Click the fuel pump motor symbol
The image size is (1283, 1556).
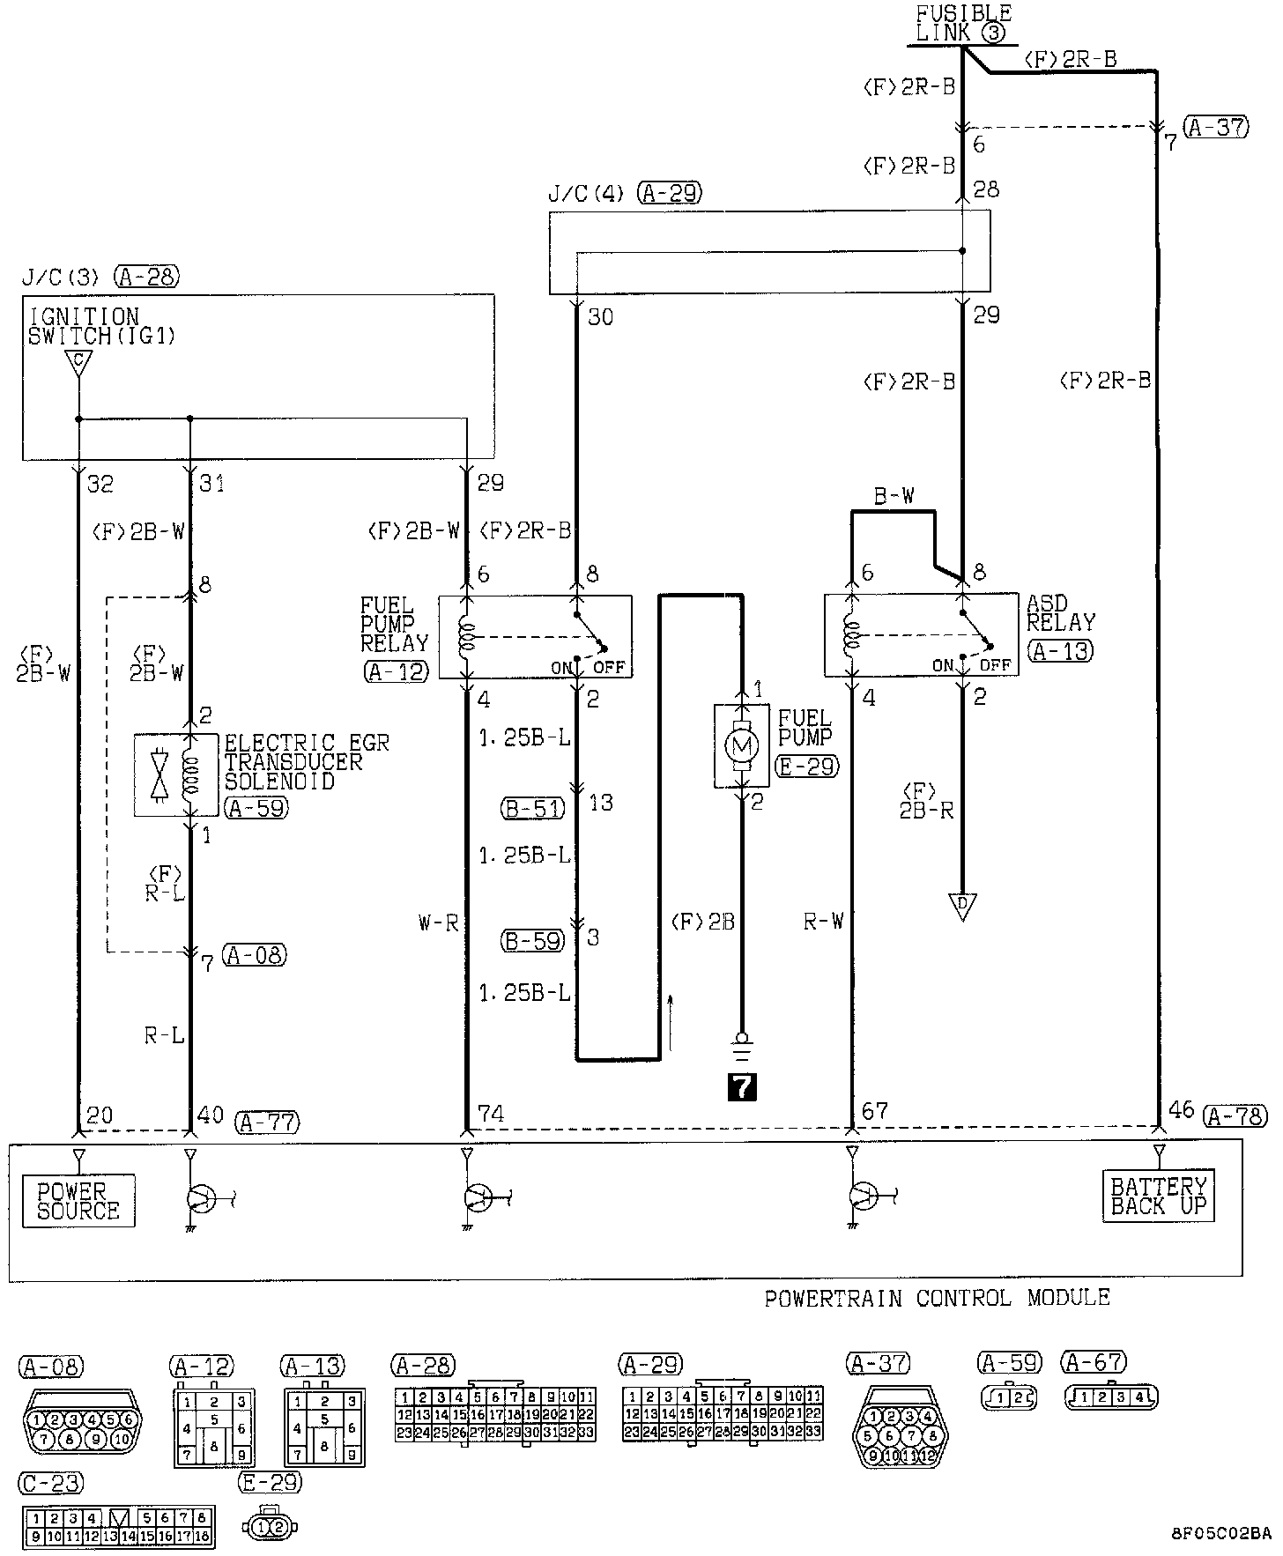(x=741, y=745)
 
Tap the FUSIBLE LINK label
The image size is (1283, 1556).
(x=963, y=24)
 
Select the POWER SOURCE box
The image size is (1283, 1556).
(x=78, y=1200)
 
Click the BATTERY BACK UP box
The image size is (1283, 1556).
(x=1158, y=1196)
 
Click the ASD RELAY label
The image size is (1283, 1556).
(x=1061, y=613)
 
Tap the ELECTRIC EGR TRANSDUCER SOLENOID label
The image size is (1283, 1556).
(x=306, y=761)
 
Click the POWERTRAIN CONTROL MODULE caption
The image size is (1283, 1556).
(x=937, y=1297)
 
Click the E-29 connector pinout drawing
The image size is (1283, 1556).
(x=270, y=1526)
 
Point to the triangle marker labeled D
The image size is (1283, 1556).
(x=962, y=906)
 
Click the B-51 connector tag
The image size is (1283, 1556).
(x=533, y=807)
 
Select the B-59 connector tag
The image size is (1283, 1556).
(x=533, y=940)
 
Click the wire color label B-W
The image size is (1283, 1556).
(x=894, y=497)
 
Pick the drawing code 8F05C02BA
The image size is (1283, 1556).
(x=1220, y=1531)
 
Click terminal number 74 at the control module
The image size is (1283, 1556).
(x=489, y=1114)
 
